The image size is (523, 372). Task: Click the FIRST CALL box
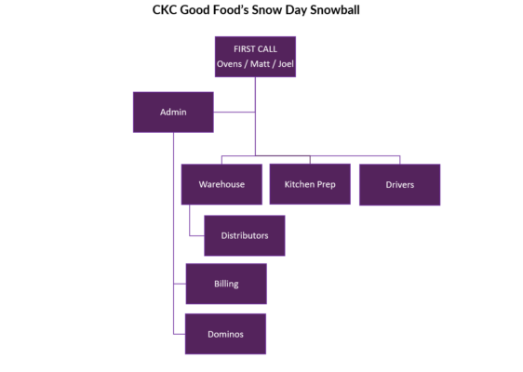pos(255,57)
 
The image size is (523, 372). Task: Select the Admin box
pos(173,112)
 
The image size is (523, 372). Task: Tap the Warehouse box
pos(221,184)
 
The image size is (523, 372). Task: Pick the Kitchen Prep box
pos(310,184)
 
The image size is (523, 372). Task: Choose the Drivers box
pos(399,185)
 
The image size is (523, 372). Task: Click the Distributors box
pos(245,235)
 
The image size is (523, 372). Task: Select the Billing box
pos(226,284)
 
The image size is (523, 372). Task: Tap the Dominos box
pos(225,334)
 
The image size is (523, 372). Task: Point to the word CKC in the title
pos(165,9)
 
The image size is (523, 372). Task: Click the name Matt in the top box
pos(260,63)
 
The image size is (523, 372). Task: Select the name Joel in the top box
pos(286,63)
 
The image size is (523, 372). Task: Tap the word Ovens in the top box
pos(229,63)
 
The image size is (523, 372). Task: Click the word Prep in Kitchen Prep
pos(327,185)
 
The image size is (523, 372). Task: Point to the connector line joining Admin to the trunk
pos(235,112)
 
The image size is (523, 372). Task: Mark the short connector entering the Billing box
pos(180,284)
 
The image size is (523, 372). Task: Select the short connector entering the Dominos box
pos(179,334)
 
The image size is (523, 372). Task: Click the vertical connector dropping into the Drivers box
pos(399,160)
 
